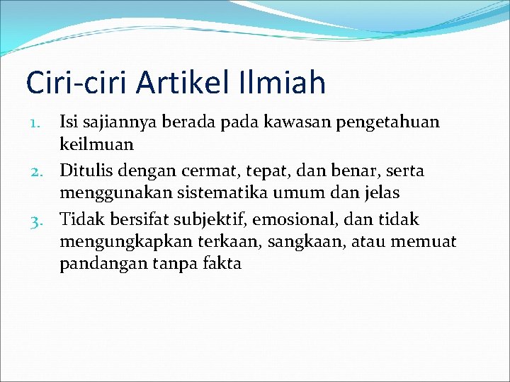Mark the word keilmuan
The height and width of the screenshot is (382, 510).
96,146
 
